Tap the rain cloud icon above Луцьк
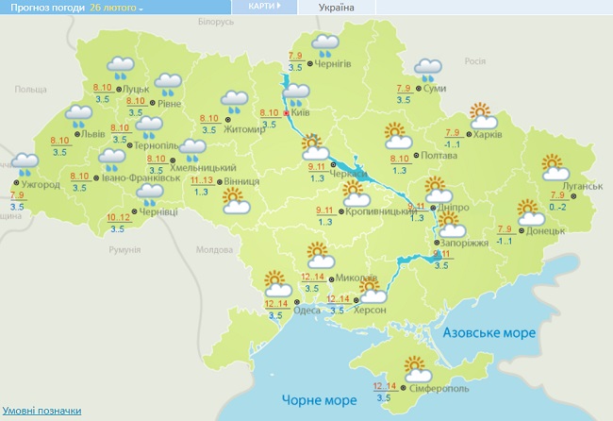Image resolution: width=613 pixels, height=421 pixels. (121, 67)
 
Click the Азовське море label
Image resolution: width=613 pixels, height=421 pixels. (489, 333)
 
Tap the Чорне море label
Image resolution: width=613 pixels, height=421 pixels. (310, 400)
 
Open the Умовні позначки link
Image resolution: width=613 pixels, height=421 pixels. (41, 411)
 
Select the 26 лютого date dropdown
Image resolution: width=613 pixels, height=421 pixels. (117, 7)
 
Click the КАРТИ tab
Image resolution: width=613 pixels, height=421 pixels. (264, 6)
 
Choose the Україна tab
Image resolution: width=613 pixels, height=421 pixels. (337, 7)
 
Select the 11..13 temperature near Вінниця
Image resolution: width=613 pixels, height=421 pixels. (201, 178)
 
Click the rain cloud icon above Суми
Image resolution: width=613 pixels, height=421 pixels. (428, 69)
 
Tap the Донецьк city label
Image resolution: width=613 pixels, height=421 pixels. (546, 230)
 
